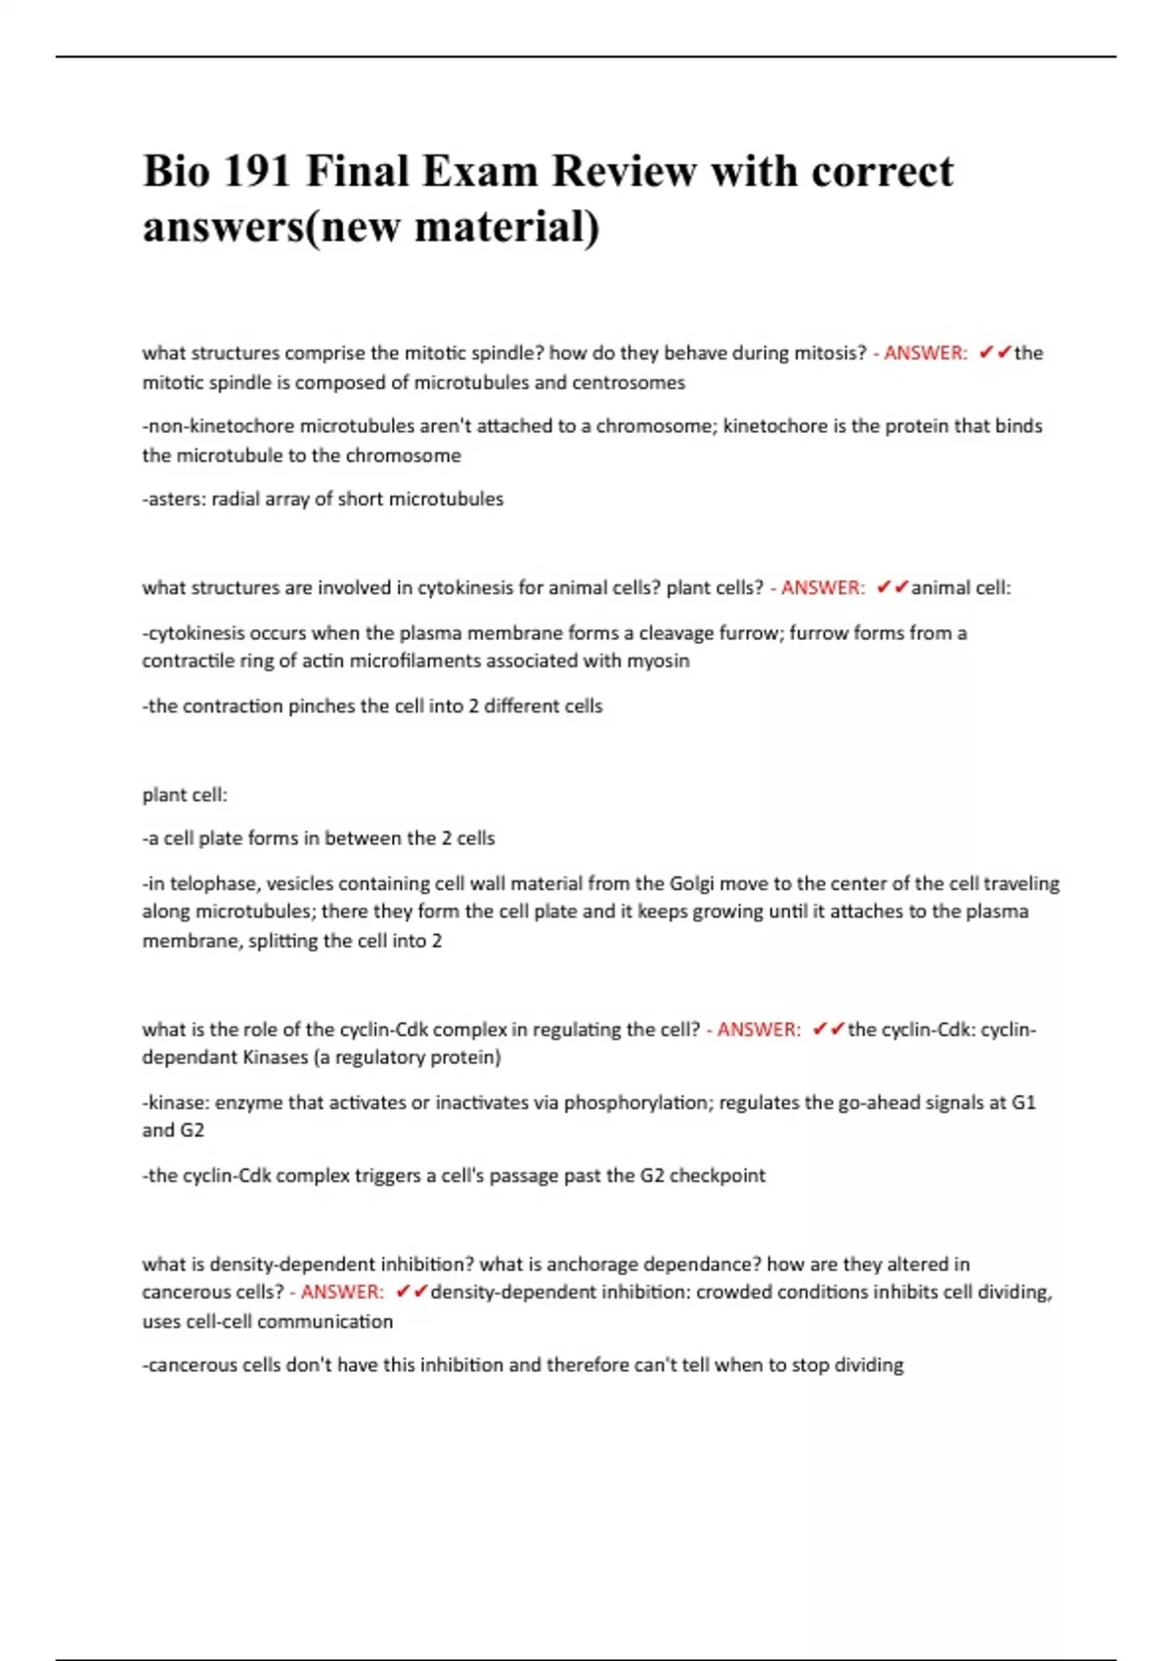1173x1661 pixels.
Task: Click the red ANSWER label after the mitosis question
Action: tap(925, 354)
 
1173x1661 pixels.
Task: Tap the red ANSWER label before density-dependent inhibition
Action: tap(341, 1293)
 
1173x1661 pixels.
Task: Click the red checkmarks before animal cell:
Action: tap(892, 588)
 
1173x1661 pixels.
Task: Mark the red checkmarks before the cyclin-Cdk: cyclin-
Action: tap(828, 1030)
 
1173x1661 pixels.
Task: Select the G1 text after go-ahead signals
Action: tap(1023, 1103)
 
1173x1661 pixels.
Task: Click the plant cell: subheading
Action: tap(185, 795)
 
